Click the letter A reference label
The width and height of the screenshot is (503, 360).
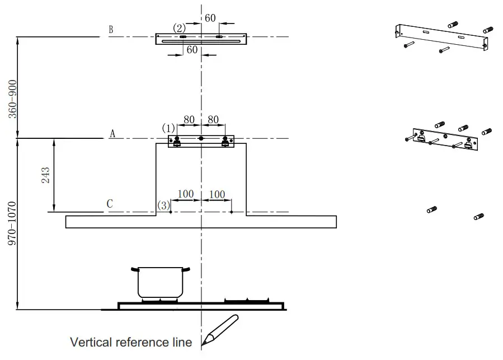(112, 133)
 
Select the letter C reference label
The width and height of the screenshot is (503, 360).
(110, 204)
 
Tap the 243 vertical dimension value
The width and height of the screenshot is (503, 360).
(45, 175)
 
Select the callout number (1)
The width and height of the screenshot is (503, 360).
(168, 128)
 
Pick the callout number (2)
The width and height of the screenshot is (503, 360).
(179, 28)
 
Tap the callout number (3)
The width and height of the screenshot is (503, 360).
(163, 205)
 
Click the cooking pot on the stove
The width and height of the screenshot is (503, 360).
(161, 283)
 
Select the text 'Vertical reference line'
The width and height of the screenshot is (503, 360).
(130, 342)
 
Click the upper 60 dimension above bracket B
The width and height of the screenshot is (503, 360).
(210, 18)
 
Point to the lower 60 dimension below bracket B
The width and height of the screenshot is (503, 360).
(192, 50)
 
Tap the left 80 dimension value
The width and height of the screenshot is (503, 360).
(189, 119)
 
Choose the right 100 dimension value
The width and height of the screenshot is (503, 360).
(217, 194)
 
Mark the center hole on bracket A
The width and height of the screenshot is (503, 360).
(201, 138)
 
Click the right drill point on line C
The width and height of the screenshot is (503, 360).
(232, 212)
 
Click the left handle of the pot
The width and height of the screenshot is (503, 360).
(134, 270)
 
